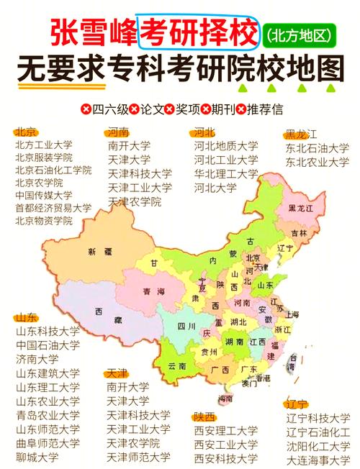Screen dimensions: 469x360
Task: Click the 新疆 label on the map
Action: coord(101,252)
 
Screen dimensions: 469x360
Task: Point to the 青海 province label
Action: coord(153,291)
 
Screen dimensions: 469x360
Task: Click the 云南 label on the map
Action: coord(177,366)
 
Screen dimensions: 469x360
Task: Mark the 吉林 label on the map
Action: coord(298,233)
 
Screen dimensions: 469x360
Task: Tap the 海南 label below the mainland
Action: coord(225,398)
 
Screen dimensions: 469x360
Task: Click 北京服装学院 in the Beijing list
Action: coord(43,157)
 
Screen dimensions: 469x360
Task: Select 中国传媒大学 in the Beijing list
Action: coord(43,195)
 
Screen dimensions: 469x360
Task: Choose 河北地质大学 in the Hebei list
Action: coord(225,145)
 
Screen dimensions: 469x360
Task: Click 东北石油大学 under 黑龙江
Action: coord(317,148)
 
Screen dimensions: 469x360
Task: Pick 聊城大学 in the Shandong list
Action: coord(37,457)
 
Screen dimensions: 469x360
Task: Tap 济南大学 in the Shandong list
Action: coord(37,359)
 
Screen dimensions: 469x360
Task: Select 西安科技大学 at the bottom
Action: coord(225,457)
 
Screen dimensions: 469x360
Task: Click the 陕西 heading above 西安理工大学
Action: coord(204,416)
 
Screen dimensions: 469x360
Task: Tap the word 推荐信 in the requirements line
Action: coord(266,109)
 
